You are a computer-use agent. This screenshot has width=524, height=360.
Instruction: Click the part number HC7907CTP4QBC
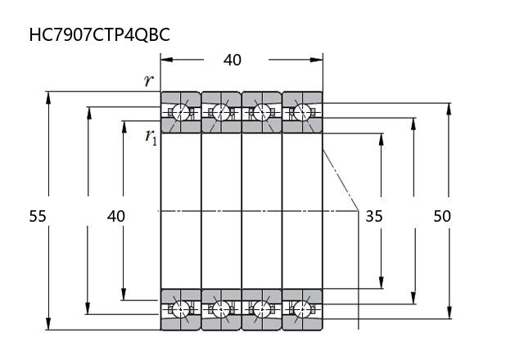(99, 34)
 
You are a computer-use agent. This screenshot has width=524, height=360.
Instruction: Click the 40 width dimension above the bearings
(233, 60)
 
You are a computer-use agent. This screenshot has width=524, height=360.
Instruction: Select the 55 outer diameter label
(38, 216)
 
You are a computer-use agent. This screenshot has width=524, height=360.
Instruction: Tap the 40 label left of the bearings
(116, 216)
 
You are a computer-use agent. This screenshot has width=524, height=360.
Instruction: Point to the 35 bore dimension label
(374, 217)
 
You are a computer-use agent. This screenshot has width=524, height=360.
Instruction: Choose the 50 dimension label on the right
(442, 216)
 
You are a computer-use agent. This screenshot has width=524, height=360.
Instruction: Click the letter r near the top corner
(148, 80)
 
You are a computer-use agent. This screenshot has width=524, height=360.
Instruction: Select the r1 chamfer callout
(151, 137)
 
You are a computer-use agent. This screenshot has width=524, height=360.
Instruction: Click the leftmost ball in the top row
(180, 112)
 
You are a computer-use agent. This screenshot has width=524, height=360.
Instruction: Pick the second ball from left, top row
(221, 112)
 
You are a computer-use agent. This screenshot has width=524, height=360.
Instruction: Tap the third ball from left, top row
(262, 112)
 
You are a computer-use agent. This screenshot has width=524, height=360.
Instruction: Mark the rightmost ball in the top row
(302, 112)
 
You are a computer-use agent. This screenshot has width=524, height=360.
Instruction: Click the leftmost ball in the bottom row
(180, 309)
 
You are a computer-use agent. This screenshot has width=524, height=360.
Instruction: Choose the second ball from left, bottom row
(221, 309)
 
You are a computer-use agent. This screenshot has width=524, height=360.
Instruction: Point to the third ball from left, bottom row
(262, 309)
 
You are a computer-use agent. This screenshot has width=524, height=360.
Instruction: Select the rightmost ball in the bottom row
(302, 309)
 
